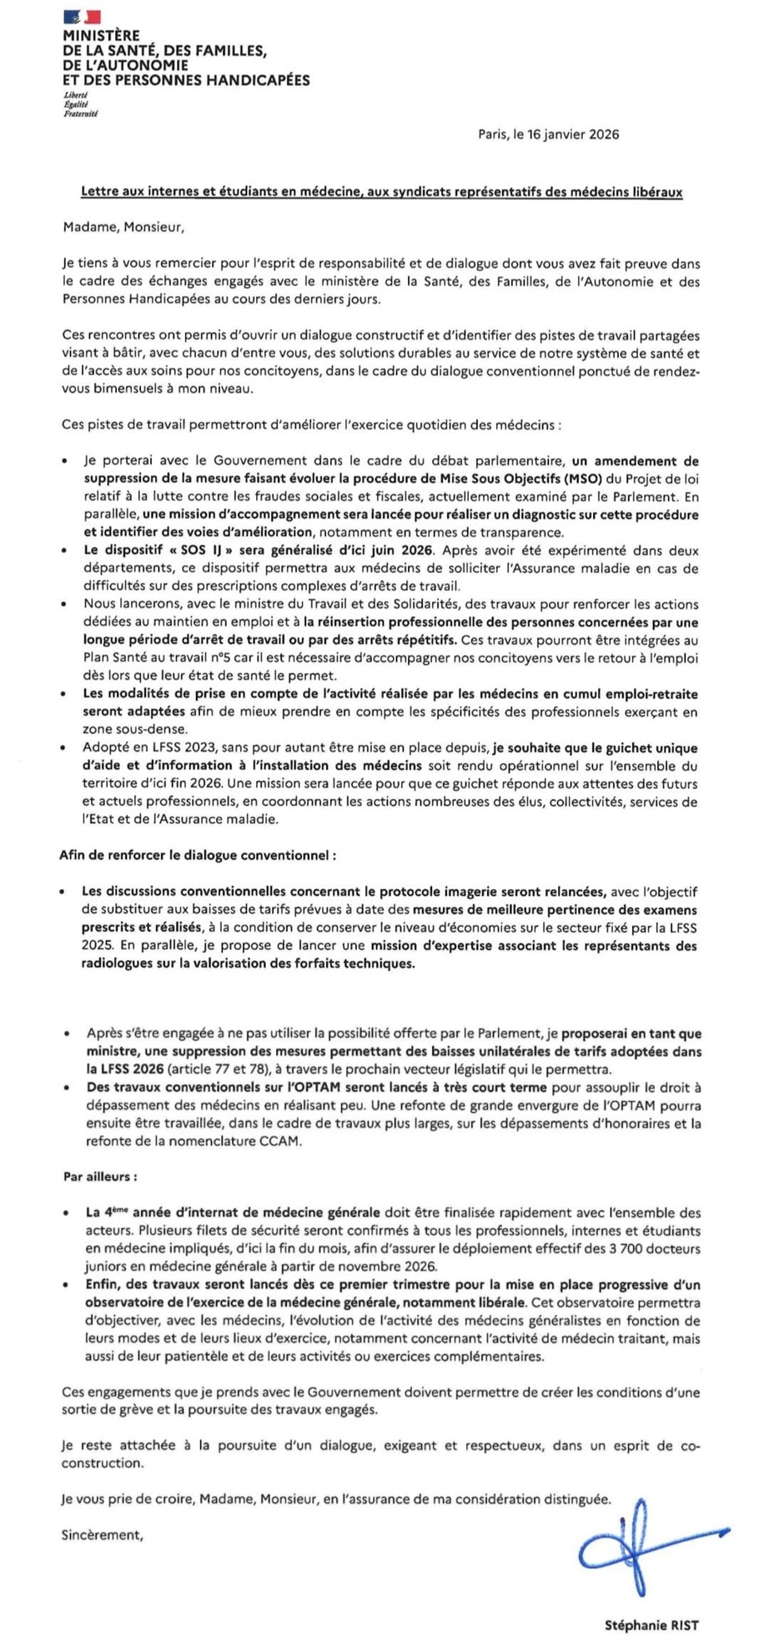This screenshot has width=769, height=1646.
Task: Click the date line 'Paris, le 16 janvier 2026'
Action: click(x=549, y=134)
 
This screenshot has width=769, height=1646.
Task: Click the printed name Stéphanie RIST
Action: click(x=651, y=1624)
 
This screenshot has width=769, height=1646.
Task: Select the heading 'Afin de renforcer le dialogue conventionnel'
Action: click(x=198, y=855)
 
